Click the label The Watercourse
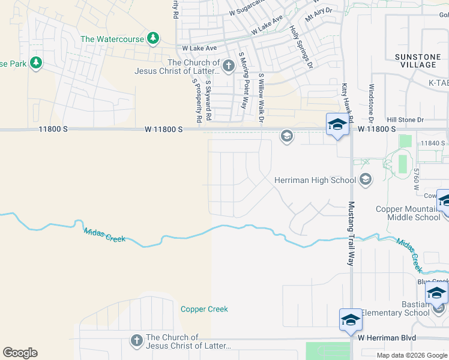pos(112,39)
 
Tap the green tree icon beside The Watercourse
pos(153,38)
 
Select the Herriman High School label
pos(315,180)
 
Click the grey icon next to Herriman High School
pos(364,179)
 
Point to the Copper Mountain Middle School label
pos(408,213)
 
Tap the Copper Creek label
pos(204,309)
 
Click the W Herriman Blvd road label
pos(387,338)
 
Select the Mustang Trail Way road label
pos(351,234)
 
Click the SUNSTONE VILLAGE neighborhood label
pos(415,61)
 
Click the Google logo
pos(20,353)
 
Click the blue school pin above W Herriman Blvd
pos(351,320)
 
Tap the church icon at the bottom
pos(136,341)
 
